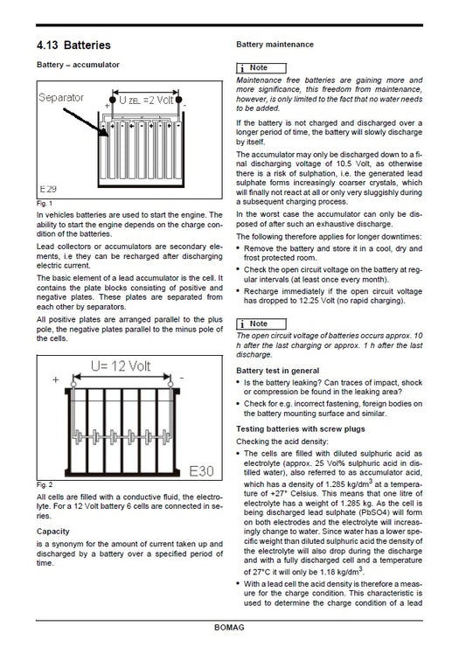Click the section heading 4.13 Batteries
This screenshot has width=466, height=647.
pyautogui.click(x=73, y=44)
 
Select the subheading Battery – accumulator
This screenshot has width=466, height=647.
pyautogui.click(x=78, y=65)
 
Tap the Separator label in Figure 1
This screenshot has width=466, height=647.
pyautogui.click(x=62, y=98)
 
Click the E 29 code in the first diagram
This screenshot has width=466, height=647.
pyautogui.click(x=50, y=188)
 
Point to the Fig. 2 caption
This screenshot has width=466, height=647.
pyautogui.click(x=44, y=484)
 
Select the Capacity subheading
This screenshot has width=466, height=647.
pyautogui.click(x=53, y=531)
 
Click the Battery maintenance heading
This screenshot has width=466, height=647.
pyautogui.click(x=275, y=44)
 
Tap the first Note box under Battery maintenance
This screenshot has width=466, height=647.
pyautogui.click(x=260, y=67)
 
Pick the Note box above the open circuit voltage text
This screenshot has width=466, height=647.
pyautogui.click(x=260, y=324)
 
